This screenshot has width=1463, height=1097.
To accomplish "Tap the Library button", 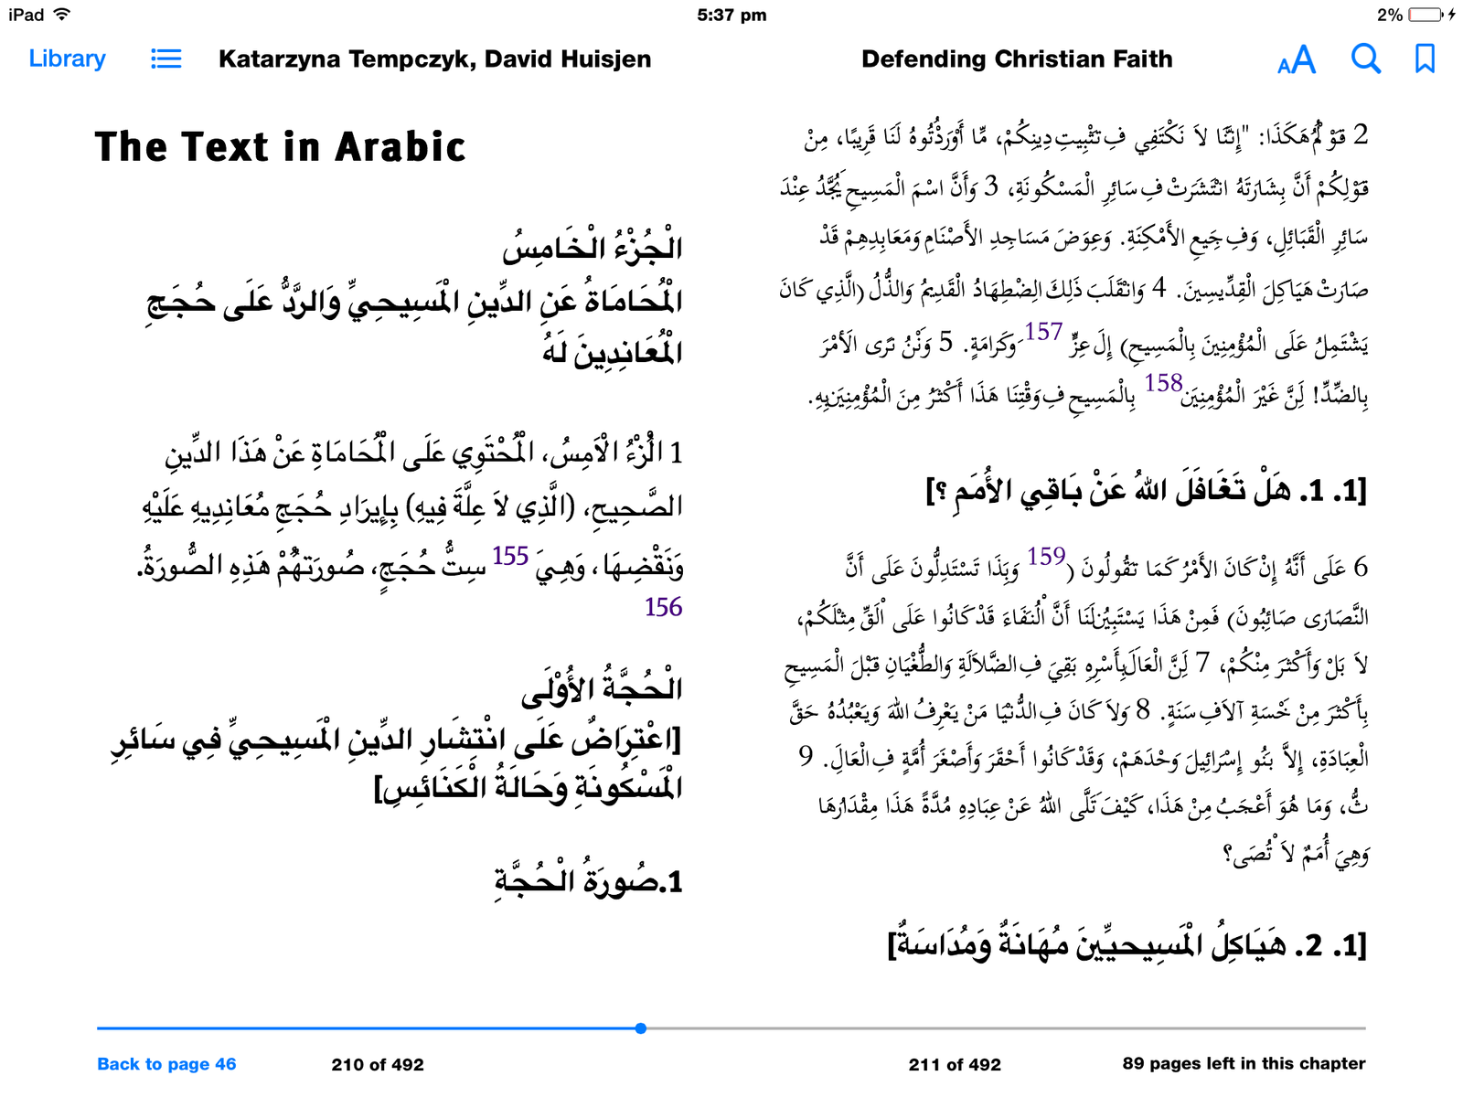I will tap(67, 59).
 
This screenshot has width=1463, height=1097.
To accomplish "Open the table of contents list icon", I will tap(166, 59).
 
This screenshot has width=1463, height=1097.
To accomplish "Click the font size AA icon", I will tap(1296, 60).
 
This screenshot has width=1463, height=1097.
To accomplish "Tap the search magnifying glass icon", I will tap(1365, 59).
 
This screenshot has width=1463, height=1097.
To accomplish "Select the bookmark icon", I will tap(1424, 59).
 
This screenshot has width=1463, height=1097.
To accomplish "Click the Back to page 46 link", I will tap(166, 1064).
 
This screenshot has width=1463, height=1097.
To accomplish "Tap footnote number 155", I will tap(510, 556).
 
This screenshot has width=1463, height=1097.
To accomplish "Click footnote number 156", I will tap(663, 607).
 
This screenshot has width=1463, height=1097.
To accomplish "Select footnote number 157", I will tap(1043, 332).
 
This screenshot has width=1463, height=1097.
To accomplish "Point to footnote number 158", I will tap(1163, 383).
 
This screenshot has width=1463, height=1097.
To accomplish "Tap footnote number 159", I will tap(1046, 556).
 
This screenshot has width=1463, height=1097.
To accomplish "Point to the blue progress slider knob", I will tap(641, 1028).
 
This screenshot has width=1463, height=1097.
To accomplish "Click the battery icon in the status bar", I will tap(1425, 15).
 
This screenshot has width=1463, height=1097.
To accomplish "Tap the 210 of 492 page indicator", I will tap(378, 1064).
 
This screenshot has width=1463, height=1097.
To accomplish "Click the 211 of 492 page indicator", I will tap(955, 1064).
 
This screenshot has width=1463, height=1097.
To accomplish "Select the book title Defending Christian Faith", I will tap(1017, 59).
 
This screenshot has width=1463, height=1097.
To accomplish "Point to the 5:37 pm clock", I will tap(731, 15).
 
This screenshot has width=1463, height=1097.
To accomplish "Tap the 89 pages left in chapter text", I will tap(1244, 1063).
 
